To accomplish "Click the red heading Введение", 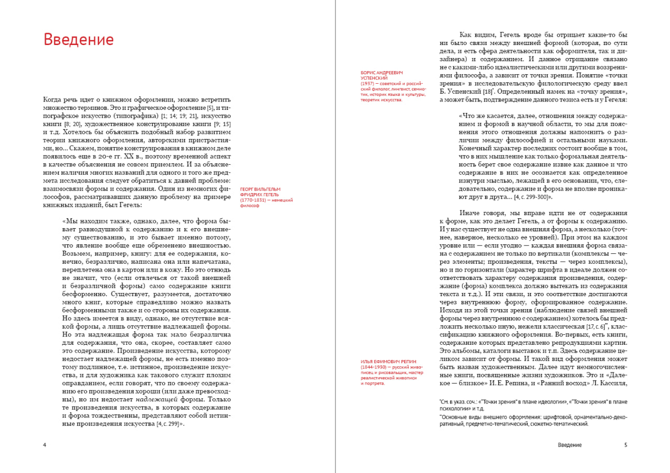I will [79, 40].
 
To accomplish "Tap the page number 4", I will [44, 445].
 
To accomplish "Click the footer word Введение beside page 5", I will [569, 445].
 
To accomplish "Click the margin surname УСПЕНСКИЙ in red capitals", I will [373, 78].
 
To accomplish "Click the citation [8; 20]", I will [67, 125].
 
